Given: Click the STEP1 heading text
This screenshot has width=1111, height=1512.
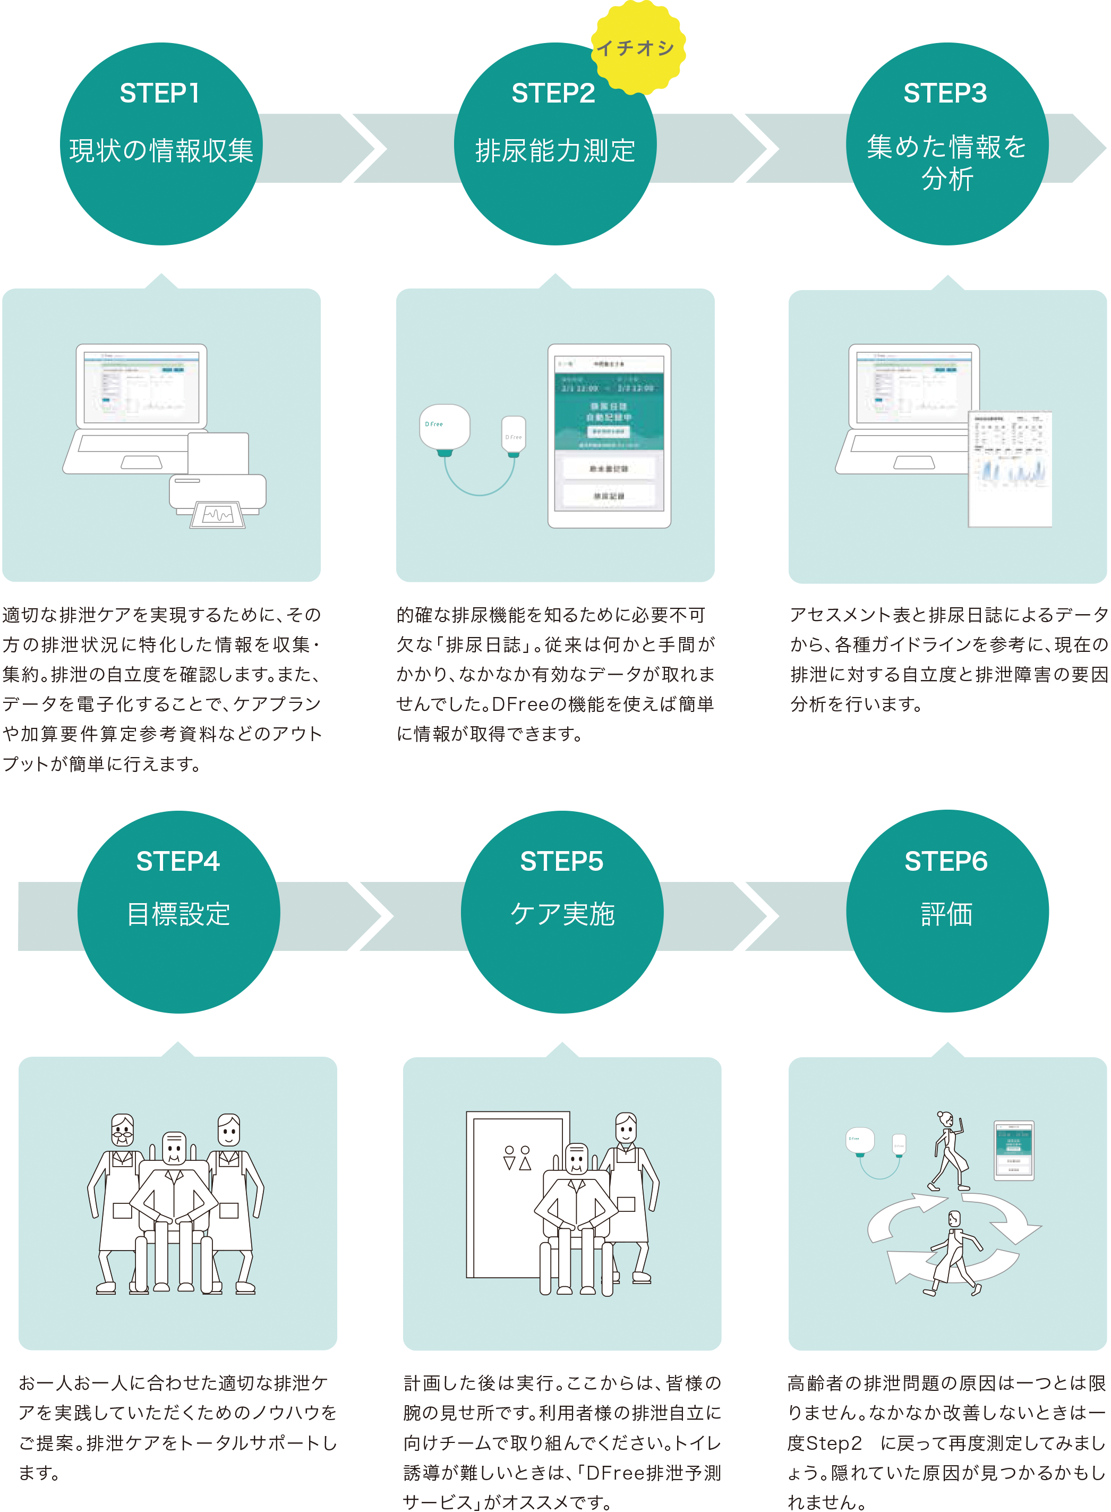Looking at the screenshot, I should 160,94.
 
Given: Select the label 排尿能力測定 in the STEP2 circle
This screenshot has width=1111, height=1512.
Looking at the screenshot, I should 555,151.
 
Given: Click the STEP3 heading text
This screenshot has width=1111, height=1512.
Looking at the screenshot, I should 945,94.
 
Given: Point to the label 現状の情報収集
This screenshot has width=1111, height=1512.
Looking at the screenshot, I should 161,151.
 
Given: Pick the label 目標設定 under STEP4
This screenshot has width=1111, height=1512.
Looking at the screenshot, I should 179,915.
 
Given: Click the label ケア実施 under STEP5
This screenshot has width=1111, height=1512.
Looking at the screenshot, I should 562,915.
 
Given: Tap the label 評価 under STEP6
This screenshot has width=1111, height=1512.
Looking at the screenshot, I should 947,915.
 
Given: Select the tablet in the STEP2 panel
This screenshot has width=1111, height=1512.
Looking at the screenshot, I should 609,436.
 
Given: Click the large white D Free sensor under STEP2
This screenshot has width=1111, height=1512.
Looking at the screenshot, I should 445,428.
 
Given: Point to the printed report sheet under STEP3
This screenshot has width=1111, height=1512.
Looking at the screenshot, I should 1010,468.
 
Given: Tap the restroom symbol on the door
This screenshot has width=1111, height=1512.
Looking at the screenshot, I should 517,1158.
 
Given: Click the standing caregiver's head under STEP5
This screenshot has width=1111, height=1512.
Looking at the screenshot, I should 626,1128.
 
